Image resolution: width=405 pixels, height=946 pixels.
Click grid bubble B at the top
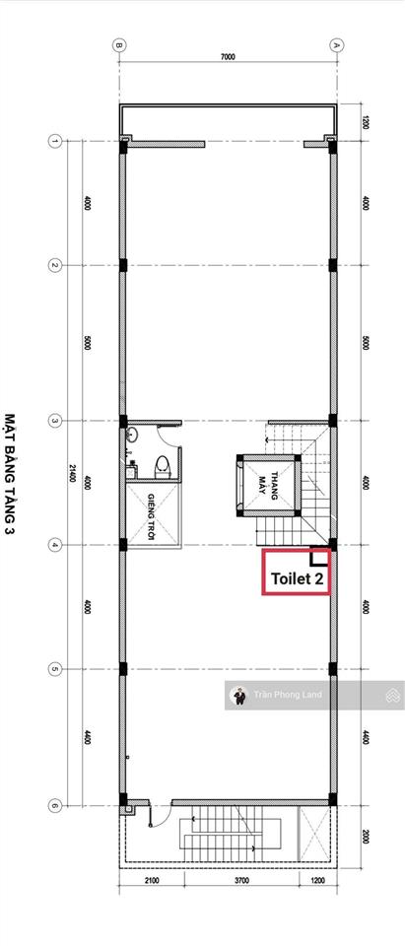(x=117, y=44)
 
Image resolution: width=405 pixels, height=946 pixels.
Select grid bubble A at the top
(x=336, y=44)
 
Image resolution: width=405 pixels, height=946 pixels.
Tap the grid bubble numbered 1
(x=55, y=141)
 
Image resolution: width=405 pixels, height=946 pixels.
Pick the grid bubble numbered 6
(x=55, y=806)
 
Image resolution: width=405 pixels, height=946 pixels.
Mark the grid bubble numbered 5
(x=55, y=670)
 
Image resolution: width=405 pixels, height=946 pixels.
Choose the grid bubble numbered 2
(x=55, y=265)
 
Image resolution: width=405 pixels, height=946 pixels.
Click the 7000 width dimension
(x=227, y=57)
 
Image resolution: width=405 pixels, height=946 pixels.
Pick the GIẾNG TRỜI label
(x=153, y=510)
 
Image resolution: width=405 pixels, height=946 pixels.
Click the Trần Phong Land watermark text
(x=287, y=695)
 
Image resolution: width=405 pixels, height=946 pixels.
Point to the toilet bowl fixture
(x=164, y=465)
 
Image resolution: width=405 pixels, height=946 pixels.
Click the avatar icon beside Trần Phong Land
(x=237, y=695)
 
